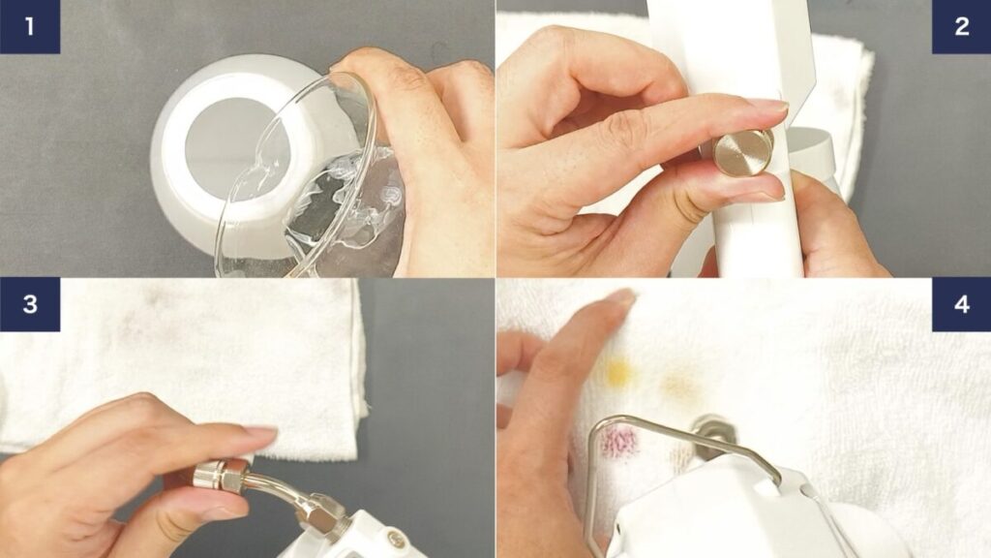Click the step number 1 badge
tap(30, 26)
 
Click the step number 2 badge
tap(961, 26)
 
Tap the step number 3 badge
tap(30, 304)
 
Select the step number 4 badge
tap(961, 304)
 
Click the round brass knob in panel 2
tap(744, 152)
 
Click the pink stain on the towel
tap(618, 442)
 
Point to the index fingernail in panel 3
tap(260, 434)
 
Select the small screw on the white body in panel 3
tap(397, 539)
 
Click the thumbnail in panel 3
tap(223, 510)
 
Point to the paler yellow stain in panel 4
tap(679, 384)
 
